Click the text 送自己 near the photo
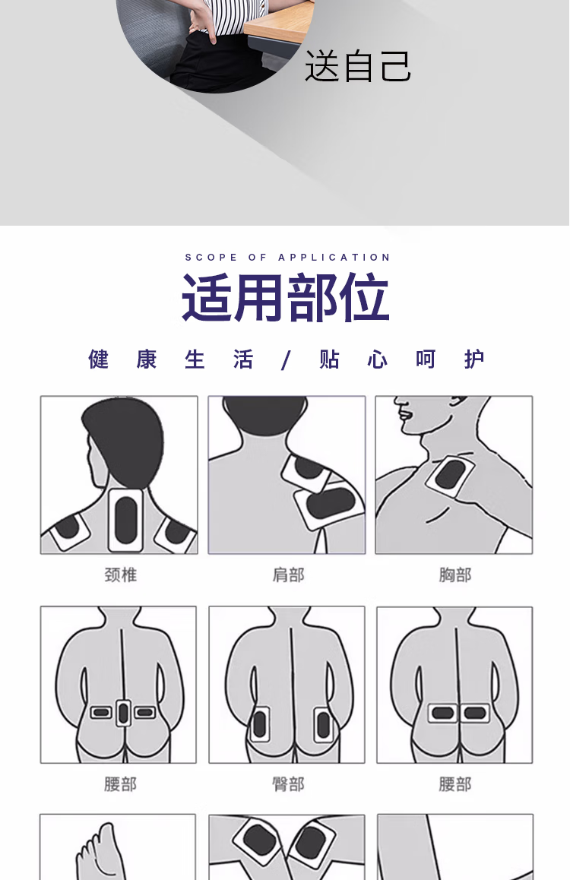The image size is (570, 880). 358,65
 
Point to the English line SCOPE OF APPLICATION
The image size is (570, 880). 288,257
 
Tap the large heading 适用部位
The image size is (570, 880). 286,297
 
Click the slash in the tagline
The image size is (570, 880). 286,359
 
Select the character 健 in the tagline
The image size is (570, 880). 98,359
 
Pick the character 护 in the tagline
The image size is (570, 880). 474,359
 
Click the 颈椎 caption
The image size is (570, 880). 121,575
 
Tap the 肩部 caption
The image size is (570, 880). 288,575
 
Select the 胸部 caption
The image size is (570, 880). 455,575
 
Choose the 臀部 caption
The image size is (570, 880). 288,784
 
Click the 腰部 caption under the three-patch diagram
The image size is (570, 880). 120,784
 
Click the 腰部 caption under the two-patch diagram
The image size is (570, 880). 455,784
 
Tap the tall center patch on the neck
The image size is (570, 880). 125,520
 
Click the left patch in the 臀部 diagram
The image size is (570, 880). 259,724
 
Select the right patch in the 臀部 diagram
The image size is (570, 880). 323,724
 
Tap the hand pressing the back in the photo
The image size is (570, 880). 202,21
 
